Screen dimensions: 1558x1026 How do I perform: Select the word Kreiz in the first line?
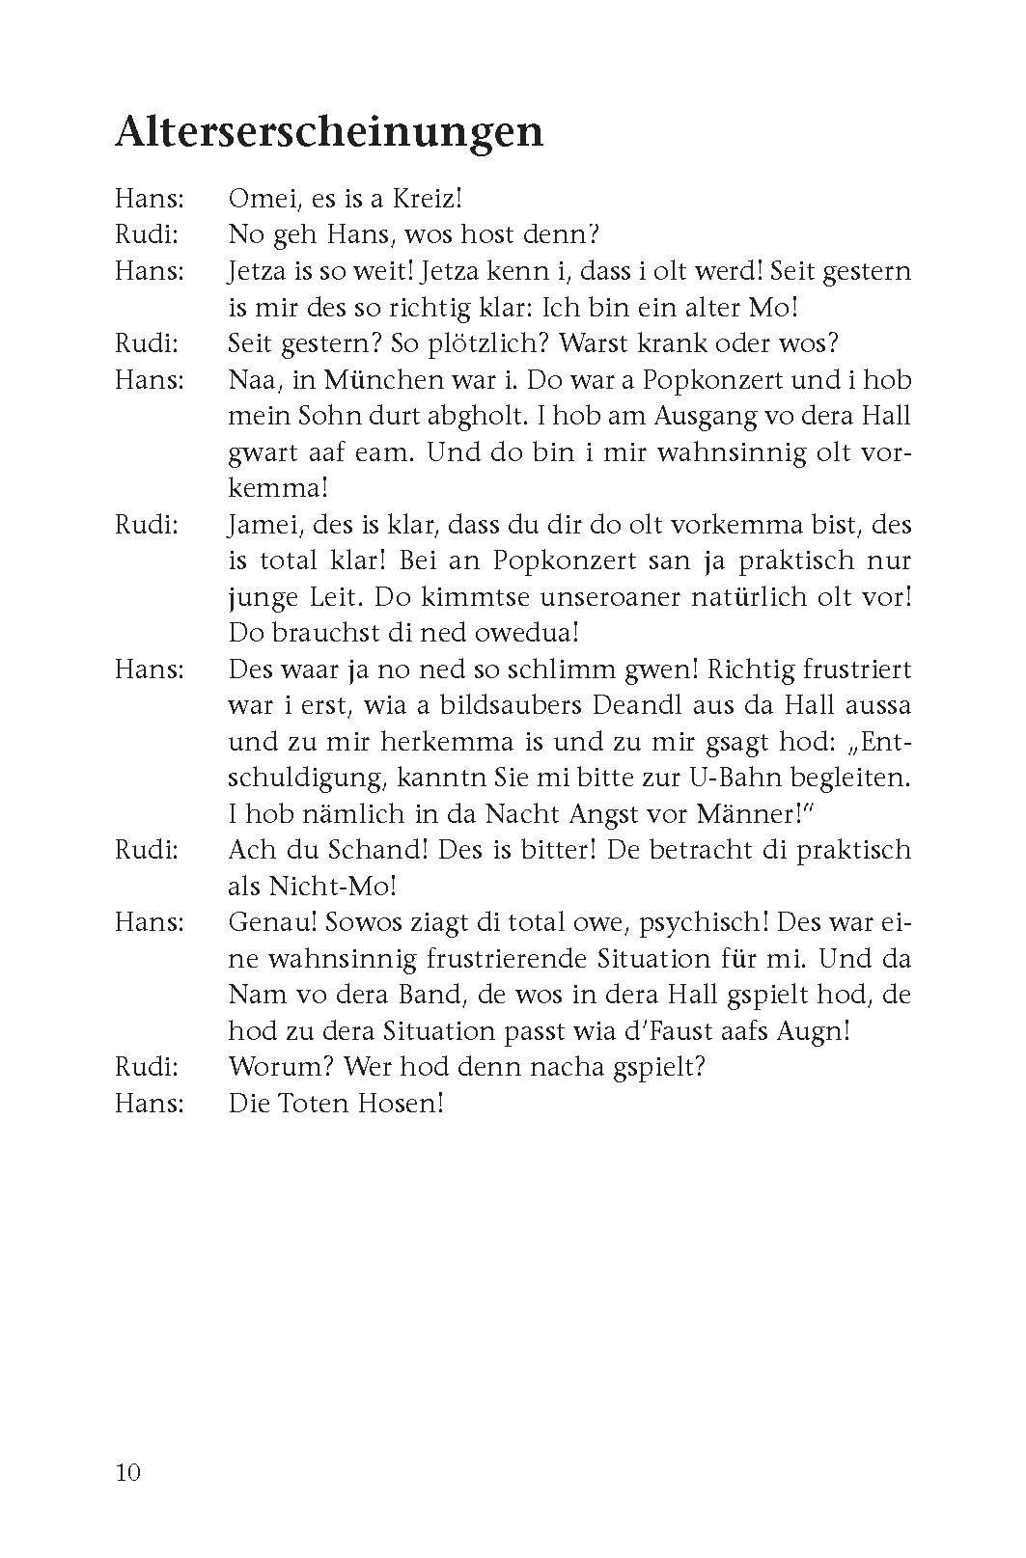pos(430,199)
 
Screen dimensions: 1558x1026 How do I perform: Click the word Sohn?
pos(327,416)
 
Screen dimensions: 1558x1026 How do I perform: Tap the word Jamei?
pos(261,526)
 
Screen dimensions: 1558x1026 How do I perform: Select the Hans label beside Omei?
pos(149,199)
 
